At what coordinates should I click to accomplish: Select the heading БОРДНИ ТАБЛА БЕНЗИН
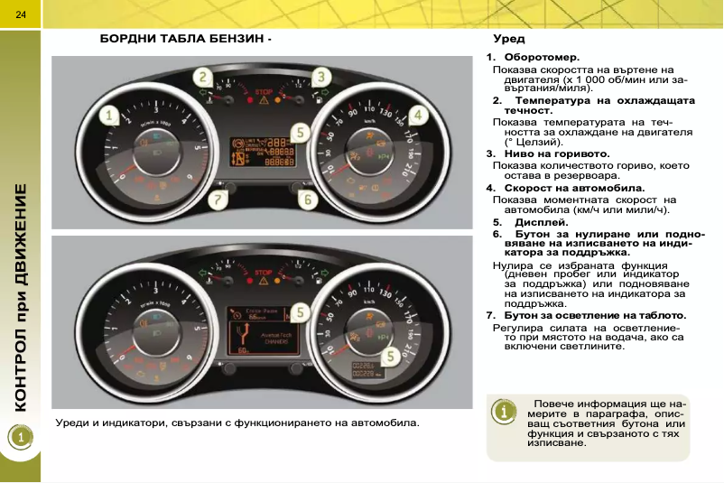[182, 40]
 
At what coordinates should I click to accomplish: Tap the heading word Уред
[508, 40]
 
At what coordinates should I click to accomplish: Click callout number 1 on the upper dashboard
[109, 116]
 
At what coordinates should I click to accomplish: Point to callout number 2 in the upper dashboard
[207, 78]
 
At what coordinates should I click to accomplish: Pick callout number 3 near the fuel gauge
[321, 78]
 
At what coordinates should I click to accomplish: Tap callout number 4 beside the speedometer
[418, 116]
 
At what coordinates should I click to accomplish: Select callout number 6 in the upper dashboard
[307, 199]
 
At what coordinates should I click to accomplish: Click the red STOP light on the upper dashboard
[264, 93]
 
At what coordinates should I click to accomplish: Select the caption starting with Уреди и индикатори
[237, 423]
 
